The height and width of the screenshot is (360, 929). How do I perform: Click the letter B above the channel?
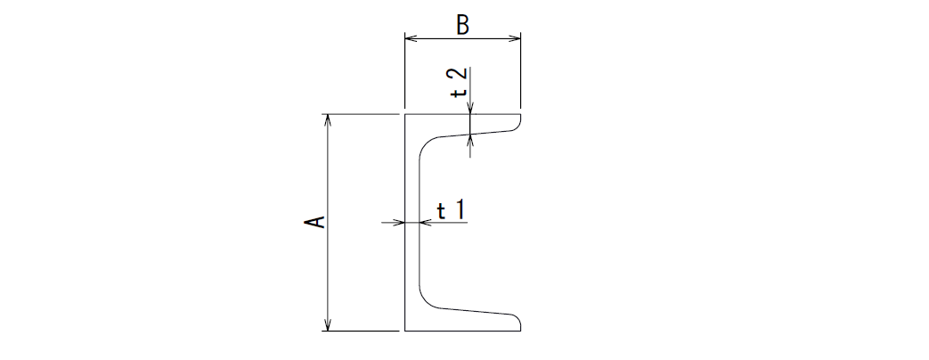(463, 26)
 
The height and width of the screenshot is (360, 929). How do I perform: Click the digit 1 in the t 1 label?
(460, 210)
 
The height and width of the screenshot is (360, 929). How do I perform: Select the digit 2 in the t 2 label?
(461, 76)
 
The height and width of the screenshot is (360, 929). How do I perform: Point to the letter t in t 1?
(442, 211)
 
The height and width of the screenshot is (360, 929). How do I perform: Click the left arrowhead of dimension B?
(412, 38)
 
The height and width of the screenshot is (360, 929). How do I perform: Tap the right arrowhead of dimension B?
(514, 38)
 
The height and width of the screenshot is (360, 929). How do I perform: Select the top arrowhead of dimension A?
(329, 120)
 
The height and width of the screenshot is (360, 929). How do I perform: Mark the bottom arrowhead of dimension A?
(329, 324)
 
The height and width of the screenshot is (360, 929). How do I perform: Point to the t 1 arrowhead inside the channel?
(426, 223)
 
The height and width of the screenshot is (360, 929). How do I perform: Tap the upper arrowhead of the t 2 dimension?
(469, 108)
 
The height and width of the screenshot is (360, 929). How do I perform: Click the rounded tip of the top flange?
(519, 123)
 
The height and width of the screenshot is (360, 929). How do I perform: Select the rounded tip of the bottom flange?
(519, 322)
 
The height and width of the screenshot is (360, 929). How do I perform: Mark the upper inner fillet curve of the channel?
(425, 144)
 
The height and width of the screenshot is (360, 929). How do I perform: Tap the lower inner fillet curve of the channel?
(425, 301)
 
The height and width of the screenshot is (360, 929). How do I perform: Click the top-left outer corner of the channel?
(405, 114)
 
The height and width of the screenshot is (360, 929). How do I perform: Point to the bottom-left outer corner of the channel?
(405, 331)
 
